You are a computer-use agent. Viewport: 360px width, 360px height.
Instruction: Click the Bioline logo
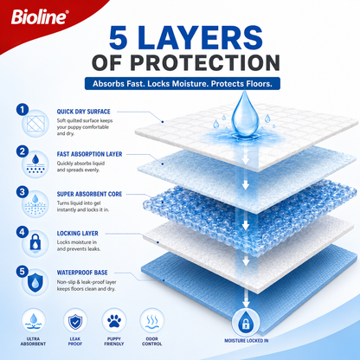(x=40, y=17)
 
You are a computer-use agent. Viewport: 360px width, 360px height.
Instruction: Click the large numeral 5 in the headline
(x=119, y=37)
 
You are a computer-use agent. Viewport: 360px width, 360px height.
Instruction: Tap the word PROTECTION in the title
(x=205, y=62)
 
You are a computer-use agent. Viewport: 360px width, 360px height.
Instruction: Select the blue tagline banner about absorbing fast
(x=183, y=84)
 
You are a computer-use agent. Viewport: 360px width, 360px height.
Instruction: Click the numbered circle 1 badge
(x=22, y=110)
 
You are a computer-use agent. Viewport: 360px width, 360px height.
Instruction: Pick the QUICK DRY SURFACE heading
(x=83, y=112)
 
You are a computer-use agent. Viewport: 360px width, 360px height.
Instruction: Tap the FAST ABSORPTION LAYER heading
(x=89, y=154)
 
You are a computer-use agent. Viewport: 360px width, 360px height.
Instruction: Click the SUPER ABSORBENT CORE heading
(x=89, y=194)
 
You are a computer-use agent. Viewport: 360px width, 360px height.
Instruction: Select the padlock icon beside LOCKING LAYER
(x=35, y=241)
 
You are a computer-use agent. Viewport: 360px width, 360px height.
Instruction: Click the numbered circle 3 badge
(x=22, y=192)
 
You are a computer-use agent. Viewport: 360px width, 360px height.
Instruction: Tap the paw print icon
(x=114, y=320)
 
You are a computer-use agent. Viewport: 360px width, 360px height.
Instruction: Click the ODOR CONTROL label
(x=152, y=341)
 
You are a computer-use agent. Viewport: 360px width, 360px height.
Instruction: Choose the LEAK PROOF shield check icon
(x=75, y=321)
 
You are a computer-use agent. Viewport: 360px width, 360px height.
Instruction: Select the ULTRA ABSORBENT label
(x=33, y=341)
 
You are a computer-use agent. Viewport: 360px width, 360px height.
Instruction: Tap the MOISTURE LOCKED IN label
(x=247, y=341)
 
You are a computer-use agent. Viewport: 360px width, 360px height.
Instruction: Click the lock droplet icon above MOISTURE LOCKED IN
(x=246, y=322)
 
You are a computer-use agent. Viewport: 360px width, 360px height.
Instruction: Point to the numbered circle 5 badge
(x=22, y=272)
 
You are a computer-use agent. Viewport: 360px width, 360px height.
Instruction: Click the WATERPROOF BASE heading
(x=82, y=273)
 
